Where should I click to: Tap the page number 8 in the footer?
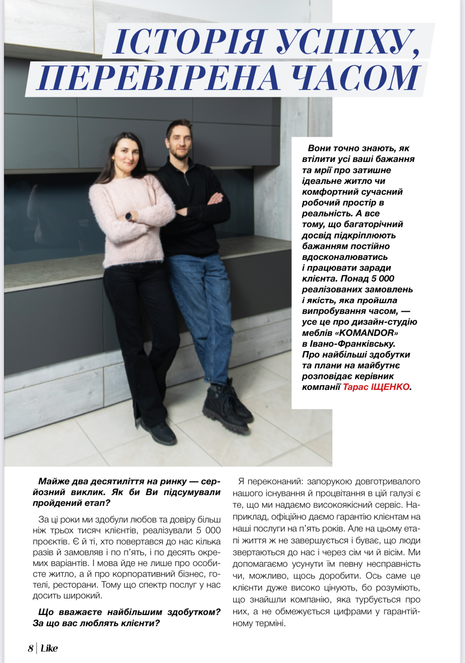pos(31,649)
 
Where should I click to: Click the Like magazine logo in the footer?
pos(49,649)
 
